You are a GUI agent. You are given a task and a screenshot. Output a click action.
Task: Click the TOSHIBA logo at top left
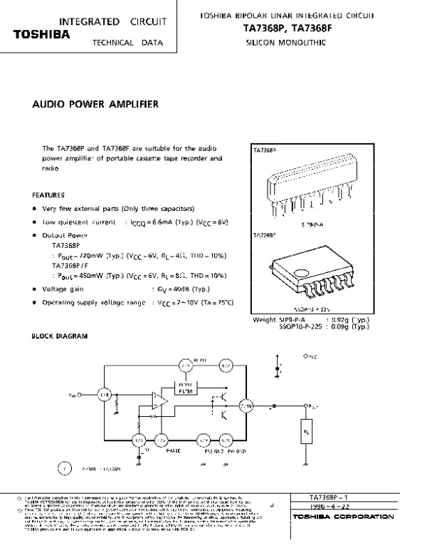pyautogui.click(x=42, y=33)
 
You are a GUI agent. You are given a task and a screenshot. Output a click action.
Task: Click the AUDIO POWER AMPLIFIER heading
pyautogui.click(x=95, y=104)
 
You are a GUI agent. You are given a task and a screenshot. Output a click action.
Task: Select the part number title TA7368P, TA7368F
pyautogui.click(x=283, y=29)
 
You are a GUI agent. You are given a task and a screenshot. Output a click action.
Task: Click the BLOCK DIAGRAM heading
pyautogui.click(x=60, y=335)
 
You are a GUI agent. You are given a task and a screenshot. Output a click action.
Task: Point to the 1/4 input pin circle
pyautogui.click(x=105, y=393)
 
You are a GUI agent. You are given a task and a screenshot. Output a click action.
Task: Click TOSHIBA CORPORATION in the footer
pyautogui.click(x=334, y=515)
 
